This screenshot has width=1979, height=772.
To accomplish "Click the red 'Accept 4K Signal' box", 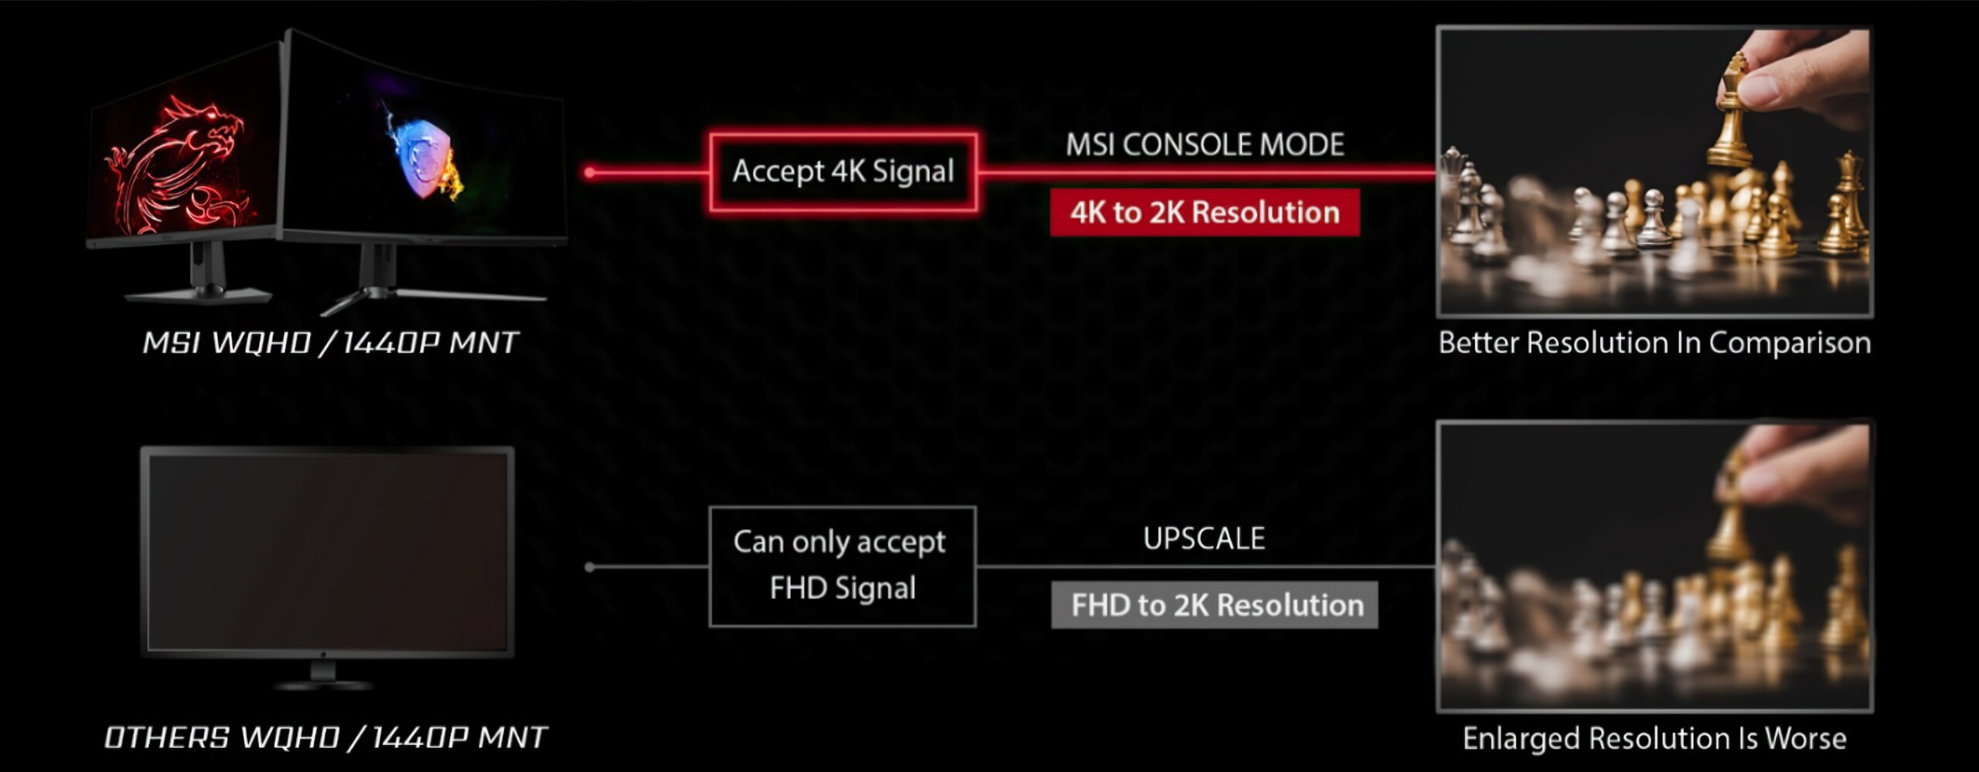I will click(x=843, y=172).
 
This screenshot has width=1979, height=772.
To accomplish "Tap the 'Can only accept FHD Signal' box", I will click(x=843, y=566).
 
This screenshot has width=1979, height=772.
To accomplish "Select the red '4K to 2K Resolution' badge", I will click(x=1204, y=213).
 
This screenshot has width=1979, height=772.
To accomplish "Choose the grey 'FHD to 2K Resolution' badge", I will click(x=1214, y=605).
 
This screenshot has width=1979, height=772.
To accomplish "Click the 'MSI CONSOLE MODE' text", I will click(x=1204, y=145).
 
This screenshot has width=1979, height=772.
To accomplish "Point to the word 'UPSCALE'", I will click(x=1204, y=539).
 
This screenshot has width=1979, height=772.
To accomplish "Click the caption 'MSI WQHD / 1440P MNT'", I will click(x=330, y=342).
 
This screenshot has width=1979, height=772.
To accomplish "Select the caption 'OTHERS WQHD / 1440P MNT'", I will click(x=325, y=737).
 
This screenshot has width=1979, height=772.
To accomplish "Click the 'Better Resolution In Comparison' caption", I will click(x=1654, y=342).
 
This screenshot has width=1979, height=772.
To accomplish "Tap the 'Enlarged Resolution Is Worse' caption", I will click(x=1654, y=738).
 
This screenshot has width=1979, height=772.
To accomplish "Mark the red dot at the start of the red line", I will click(x=590, y=172).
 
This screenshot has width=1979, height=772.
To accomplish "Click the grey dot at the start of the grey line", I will click(x=590, y=567).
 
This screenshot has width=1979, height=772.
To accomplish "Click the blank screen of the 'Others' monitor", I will click(x=327, y=553).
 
